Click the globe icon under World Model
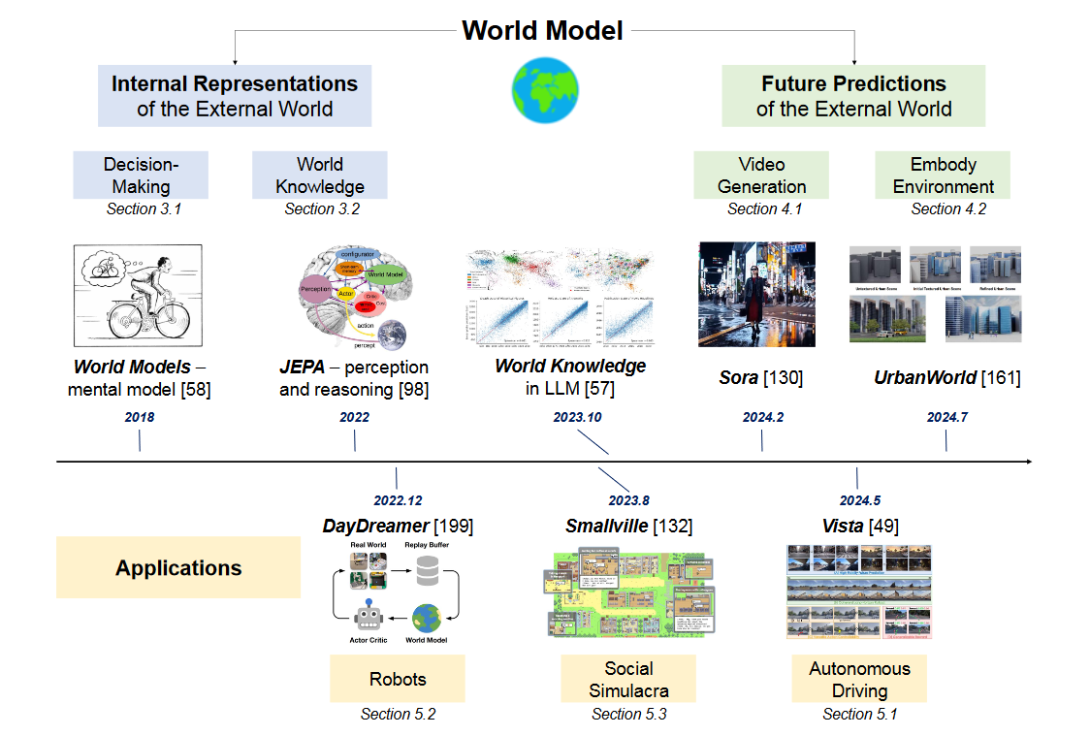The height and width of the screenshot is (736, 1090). pos(544,90)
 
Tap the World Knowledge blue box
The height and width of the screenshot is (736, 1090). pos(319,175)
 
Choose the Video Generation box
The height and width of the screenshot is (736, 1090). pos(761,175)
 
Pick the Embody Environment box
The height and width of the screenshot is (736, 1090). pos(943,175)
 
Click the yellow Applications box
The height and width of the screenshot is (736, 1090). pos(178,567)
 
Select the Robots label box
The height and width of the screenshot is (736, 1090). pos(397,679)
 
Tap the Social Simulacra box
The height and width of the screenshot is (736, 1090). pos(628,679)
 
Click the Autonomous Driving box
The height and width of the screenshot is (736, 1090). pos(859,679)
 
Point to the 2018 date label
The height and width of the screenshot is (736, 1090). pos(140,417)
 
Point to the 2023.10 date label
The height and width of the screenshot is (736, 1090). pos(579,417)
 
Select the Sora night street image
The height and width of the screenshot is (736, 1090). pos(756,295)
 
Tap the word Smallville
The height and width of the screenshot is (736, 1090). pos(607,527)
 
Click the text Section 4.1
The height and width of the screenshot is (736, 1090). pos(764,208)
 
